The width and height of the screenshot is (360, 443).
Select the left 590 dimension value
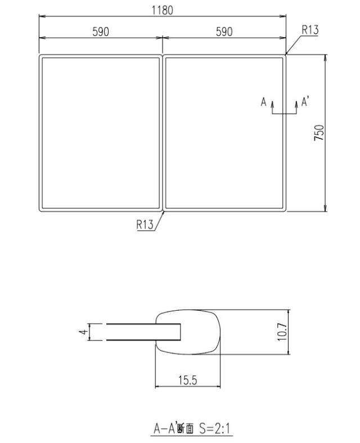101,32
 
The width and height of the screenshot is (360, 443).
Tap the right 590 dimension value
224,32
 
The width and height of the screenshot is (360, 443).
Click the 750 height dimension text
319,133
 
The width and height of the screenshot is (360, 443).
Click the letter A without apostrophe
263,102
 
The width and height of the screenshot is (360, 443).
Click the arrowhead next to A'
297,104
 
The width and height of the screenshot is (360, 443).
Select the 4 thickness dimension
83,332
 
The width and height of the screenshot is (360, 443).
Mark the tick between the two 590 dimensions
162,38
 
